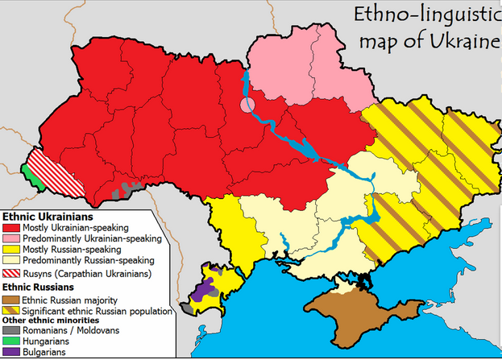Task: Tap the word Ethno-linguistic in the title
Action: click(x=418, y=15)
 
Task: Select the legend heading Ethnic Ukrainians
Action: click(x=48, y=217)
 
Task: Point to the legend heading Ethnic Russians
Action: click(x=39, y=286)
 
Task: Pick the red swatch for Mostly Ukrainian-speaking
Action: click(x=11, y=228)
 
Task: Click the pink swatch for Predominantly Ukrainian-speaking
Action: click(x=11, y=239)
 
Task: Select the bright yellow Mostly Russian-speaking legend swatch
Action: click(x=11, y=250)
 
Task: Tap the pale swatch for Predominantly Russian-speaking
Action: click(x=11, y=261)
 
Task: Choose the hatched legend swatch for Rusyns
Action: click(x=11, y=274)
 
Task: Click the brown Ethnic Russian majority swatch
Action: click(x=11, y=299)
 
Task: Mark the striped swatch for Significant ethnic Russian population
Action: click(x=11, y=310)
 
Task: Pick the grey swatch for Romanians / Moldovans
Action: click(x=11, y=330)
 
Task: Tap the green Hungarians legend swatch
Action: click(x=11, y=341)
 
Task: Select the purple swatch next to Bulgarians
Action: click(x=11, y=352)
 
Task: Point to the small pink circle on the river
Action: click(x=247, y=105)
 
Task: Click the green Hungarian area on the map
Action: click(x=29, y=172)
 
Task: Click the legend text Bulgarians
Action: click(x=44, y=352)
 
